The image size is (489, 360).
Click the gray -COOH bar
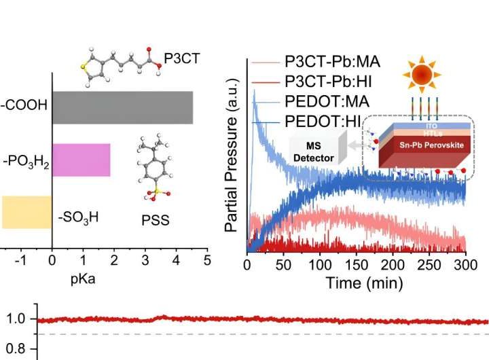122,108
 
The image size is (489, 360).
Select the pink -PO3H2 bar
81,160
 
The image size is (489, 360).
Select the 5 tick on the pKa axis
207,259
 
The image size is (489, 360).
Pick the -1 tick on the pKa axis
20,259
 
